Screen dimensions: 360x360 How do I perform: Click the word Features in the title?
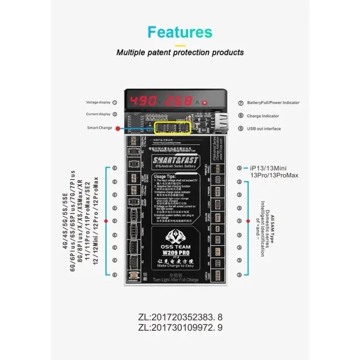click(180, 32)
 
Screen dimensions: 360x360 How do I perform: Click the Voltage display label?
click(98, 103)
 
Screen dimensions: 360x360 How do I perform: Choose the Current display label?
click(98, 114)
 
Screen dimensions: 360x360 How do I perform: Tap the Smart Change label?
click(99, 128)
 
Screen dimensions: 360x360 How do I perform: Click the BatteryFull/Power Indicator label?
click(272, 103)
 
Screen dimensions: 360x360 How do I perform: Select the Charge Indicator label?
click(263, 116)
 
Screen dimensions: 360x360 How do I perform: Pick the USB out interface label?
click(263, 129)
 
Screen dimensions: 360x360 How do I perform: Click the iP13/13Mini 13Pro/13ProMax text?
click(268, 171)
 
